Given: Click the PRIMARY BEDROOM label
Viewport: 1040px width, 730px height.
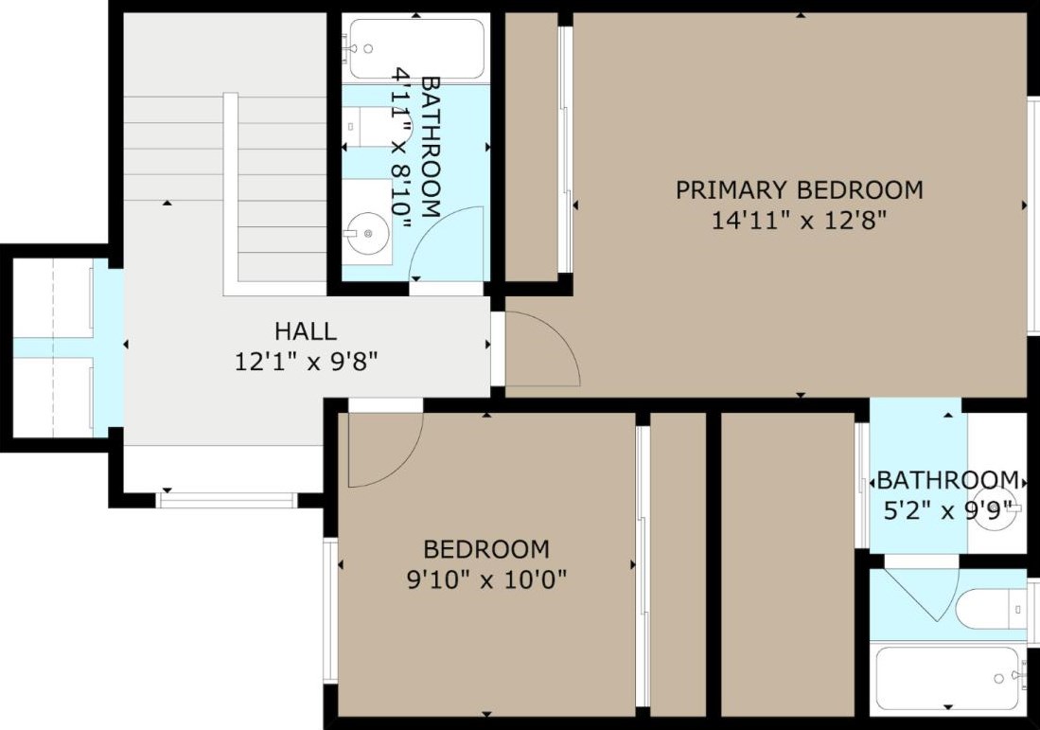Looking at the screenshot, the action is click(x=800, y=189).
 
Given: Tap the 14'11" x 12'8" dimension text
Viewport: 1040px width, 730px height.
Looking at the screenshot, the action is click(x=800, y=220).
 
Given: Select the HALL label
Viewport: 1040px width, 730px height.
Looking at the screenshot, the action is click(x=306, y=330).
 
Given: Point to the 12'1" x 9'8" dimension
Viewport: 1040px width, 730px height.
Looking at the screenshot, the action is click(x=307, y=362).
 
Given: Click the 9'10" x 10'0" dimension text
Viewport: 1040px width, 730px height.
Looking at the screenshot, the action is click(x=486, y=580).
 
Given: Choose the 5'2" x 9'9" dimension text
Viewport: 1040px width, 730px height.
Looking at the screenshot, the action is click(x=948, y=510).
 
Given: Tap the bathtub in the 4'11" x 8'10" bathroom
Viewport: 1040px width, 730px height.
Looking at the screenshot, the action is click(x=416, y=49).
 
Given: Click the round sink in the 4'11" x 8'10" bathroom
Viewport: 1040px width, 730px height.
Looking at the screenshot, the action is click(x=367, y=233).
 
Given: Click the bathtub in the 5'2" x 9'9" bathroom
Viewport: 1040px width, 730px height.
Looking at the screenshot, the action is click(x=947, y=677).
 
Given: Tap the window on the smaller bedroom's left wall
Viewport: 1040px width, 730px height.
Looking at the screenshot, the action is click(x=330, y=610).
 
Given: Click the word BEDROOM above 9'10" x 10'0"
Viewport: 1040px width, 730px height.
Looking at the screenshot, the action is click(x=486, y=549).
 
